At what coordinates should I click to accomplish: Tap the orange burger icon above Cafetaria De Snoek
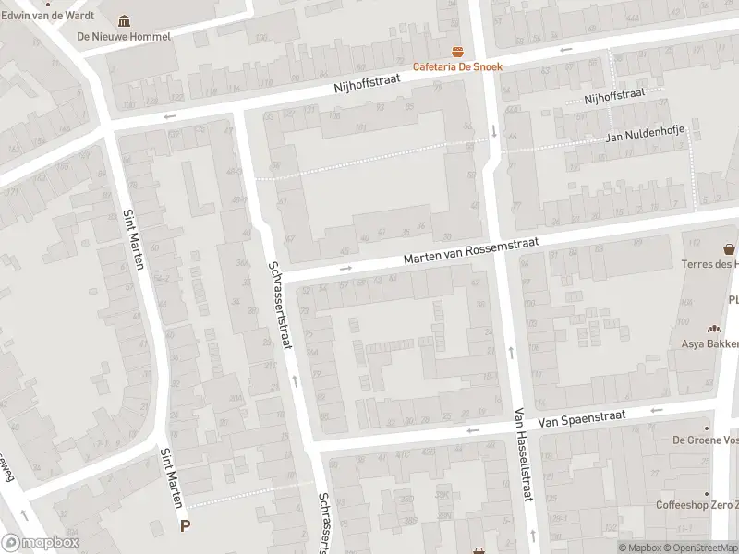(x=455, y=52)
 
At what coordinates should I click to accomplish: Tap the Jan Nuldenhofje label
(x=644, y=137)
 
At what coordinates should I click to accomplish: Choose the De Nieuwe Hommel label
(x=124, y=37)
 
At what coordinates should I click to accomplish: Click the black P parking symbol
(x=186, y=526)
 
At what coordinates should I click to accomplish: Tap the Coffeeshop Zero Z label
(x=697, y=505)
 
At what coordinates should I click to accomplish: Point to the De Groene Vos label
(x=705, y=440)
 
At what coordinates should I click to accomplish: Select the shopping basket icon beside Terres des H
(x=730, y=249)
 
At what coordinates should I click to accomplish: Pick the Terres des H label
(x=709, y=264)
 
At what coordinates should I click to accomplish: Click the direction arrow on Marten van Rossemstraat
(x=345, y=269)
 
